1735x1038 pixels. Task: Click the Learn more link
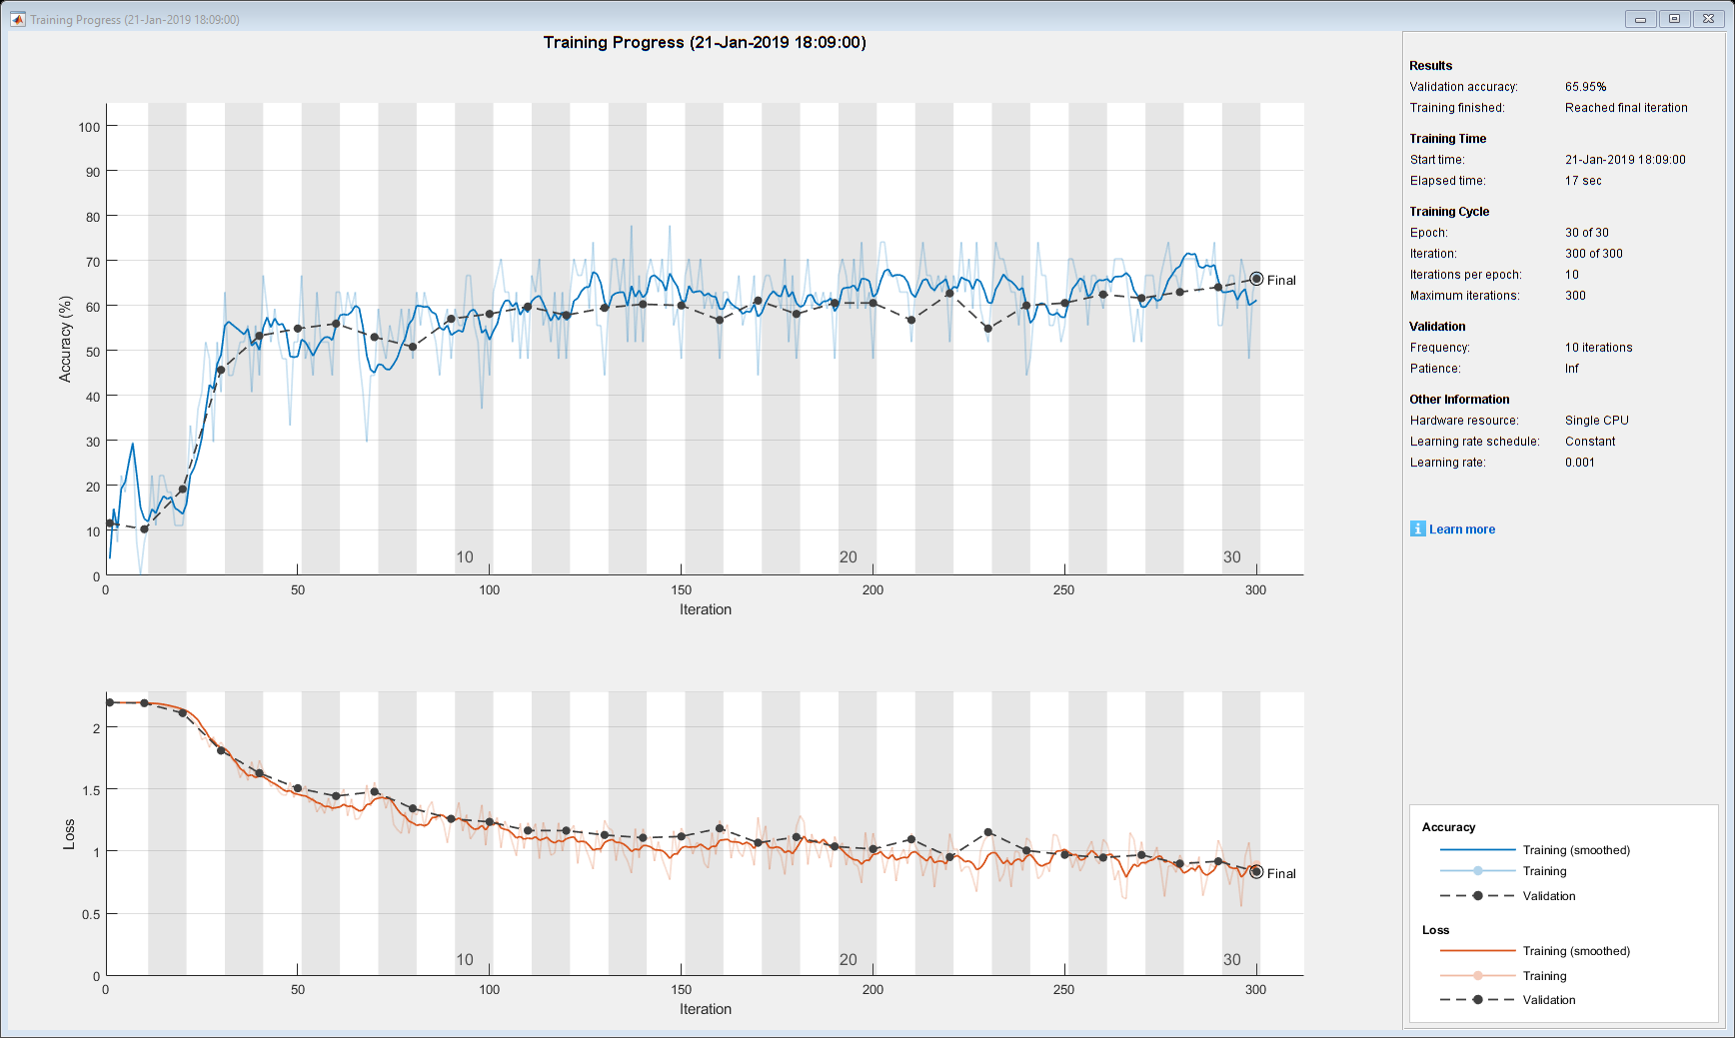1461,529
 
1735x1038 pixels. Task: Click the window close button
1708,19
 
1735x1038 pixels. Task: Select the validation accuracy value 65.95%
1585,87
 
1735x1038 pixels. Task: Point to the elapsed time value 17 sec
1583,181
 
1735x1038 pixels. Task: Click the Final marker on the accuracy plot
1256,279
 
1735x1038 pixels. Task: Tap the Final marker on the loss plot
1256,872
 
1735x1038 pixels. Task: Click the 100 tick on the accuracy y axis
89,127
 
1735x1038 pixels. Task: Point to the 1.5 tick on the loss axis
91,790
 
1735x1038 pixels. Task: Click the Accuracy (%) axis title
66,339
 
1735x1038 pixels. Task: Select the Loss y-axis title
69,834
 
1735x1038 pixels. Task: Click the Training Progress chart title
705,42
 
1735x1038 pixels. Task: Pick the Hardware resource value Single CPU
1596,421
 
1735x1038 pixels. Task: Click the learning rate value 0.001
1579,463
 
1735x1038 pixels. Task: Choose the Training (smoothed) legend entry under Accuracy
1575,850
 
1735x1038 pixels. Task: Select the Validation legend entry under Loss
1548,1000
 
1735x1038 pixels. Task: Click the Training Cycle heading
1448,212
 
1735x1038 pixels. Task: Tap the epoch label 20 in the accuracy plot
848,557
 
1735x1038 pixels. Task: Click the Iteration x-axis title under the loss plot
705,1009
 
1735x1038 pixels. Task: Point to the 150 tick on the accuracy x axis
681,590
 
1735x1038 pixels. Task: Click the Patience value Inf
1571,369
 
